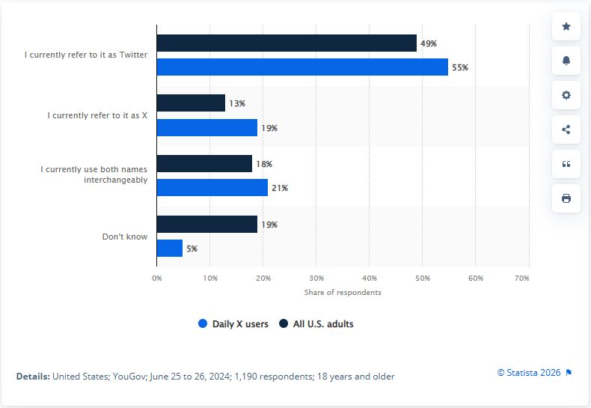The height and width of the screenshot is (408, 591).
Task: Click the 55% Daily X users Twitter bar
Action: tap(302, 67)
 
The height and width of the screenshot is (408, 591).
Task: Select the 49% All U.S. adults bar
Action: tap(287, 43)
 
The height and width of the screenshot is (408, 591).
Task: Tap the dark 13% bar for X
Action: tap(191, 103)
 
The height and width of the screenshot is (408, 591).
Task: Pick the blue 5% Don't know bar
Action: tap(170, 248)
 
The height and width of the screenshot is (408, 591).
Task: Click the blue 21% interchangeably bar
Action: tap(212, 188)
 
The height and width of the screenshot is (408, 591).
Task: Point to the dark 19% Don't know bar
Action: tap(207, 224)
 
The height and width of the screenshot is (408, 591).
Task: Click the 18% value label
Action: tap(264, 164)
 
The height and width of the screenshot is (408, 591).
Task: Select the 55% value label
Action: tap(459, 67)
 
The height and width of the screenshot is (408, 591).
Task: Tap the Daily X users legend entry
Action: tap(233, 324)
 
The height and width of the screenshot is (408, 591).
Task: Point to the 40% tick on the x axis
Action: tap(369, 278)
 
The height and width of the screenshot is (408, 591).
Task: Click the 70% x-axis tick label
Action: tap(522, 278)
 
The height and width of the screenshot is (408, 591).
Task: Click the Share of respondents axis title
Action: tap(343, 292)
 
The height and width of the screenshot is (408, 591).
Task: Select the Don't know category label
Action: tap(125, 237)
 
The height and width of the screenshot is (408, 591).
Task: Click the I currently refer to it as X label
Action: tap(97, 115)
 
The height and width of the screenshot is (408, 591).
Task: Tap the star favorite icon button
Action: tap(566, 26)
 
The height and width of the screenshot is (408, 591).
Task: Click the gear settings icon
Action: tap(566, 95)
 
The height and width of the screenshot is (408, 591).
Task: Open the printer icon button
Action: tap(566, 198)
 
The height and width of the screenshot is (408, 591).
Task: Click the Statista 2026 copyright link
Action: tap(530, 372)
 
